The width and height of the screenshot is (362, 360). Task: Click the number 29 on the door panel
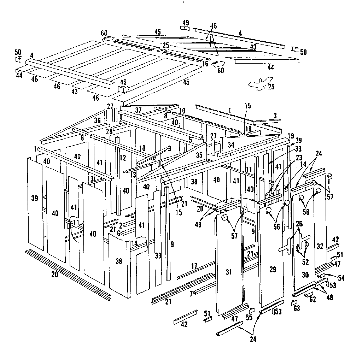click(273, 270)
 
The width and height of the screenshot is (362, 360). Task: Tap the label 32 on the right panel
click(320, 246)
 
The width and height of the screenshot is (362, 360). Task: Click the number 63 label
click(297, 308)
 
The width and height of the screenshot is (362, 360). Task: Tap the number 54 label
click(341, 278)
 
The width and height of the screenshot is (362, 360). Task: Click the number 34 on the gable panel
click(231, 145)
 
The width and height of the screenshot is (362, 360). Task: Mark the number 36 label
click(98, 120)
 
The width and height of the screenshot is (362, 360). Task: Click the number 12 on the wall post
click(123, 158)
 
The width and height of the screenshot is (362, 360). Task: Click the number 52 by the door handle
click(305, 262)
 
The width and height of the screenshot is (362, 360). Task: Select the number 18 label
click(249, 129)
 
